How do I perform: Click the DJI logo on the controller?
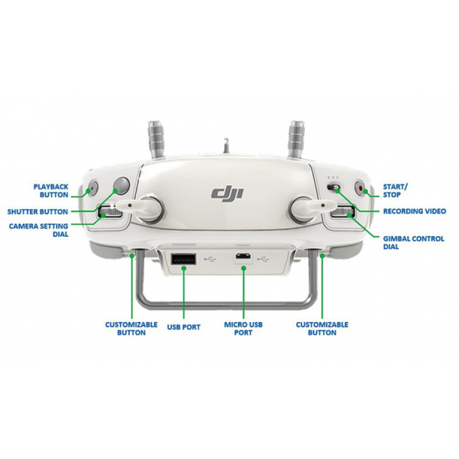pos(227,193)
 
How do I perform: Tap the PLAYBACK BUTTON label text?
pos(51,191)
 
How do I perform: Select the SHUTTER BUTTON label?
pos(37,212)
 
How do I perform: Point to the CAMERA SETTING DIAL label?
pos(39,230)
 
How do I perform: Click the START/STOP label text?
pos(395,191)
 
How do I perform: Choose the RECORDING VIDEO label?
pos(414,211)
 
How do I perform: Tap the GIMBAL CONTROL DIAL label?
pos(414,243)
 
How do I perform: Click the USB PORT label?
pos(184,327)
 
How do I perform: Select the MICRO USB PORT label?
pos(243,329)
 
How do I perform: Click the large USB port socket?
pos(183,259)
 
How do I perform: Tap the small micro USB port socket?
pos(243,256)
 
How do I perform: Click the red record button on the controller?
pos(360,188)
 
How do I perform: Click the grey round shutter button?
pos(122,185)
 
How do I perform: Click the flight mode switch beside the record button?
pos(334,187)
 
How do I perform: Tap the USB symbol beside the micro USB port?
pos(263,259)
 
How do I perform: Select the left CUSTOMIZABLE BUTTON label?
pos(131,329)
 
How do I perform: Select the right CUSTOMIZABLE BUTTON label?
pos(322,329)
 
